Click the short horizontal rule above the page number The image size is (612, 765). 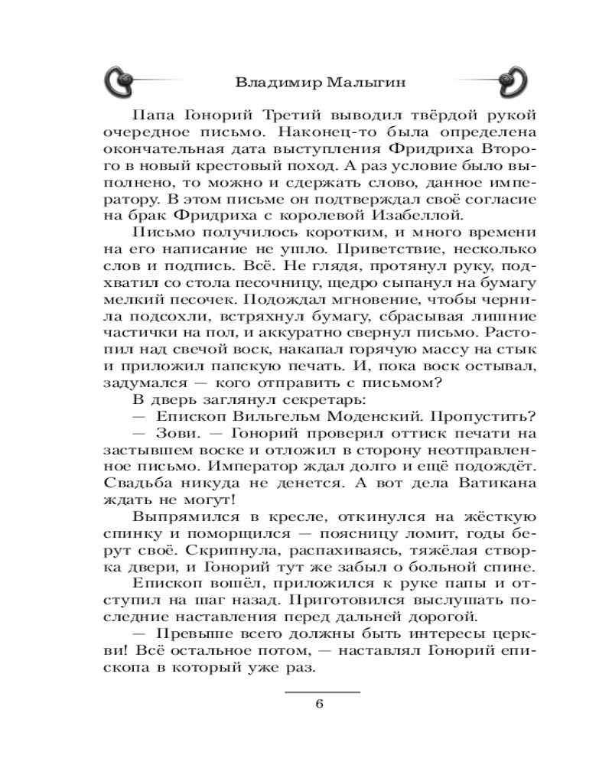pyautogui.click(x=321, y=691)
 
